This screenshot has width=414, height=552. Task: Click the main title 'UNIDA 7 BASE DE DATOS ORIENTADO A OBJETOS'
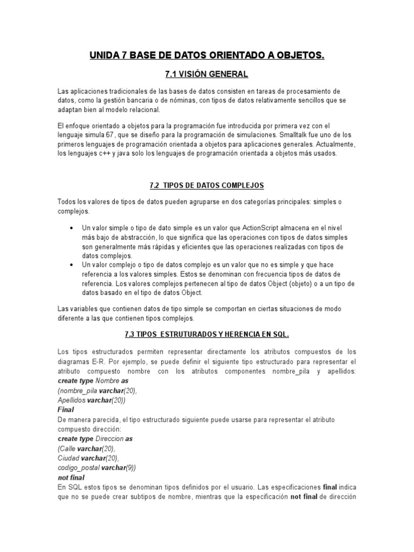tap(207, 56)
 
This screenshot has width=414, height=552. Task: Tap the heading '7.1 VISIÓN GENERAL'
tap(207, 74)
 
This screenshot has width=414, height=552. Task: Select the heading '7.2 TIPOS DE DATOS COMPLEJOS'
tap(207, 185)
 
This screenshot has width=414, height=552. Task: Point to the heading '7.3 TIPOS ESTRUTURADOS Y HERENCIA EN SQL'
tap(207, 334)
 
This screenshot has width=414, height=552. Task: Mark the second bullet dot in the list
tap(72, 265)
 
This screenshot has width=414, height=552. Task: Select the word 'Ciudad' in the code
tap(68, 458)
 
